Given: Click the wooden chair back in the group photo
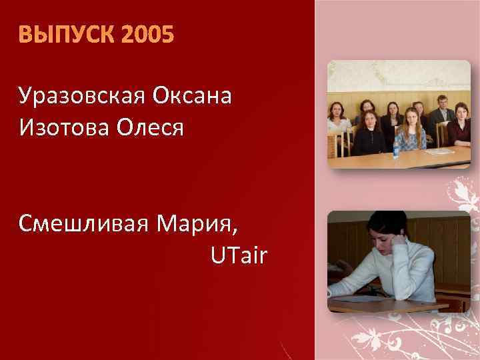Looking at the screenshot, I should (331, 144).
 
